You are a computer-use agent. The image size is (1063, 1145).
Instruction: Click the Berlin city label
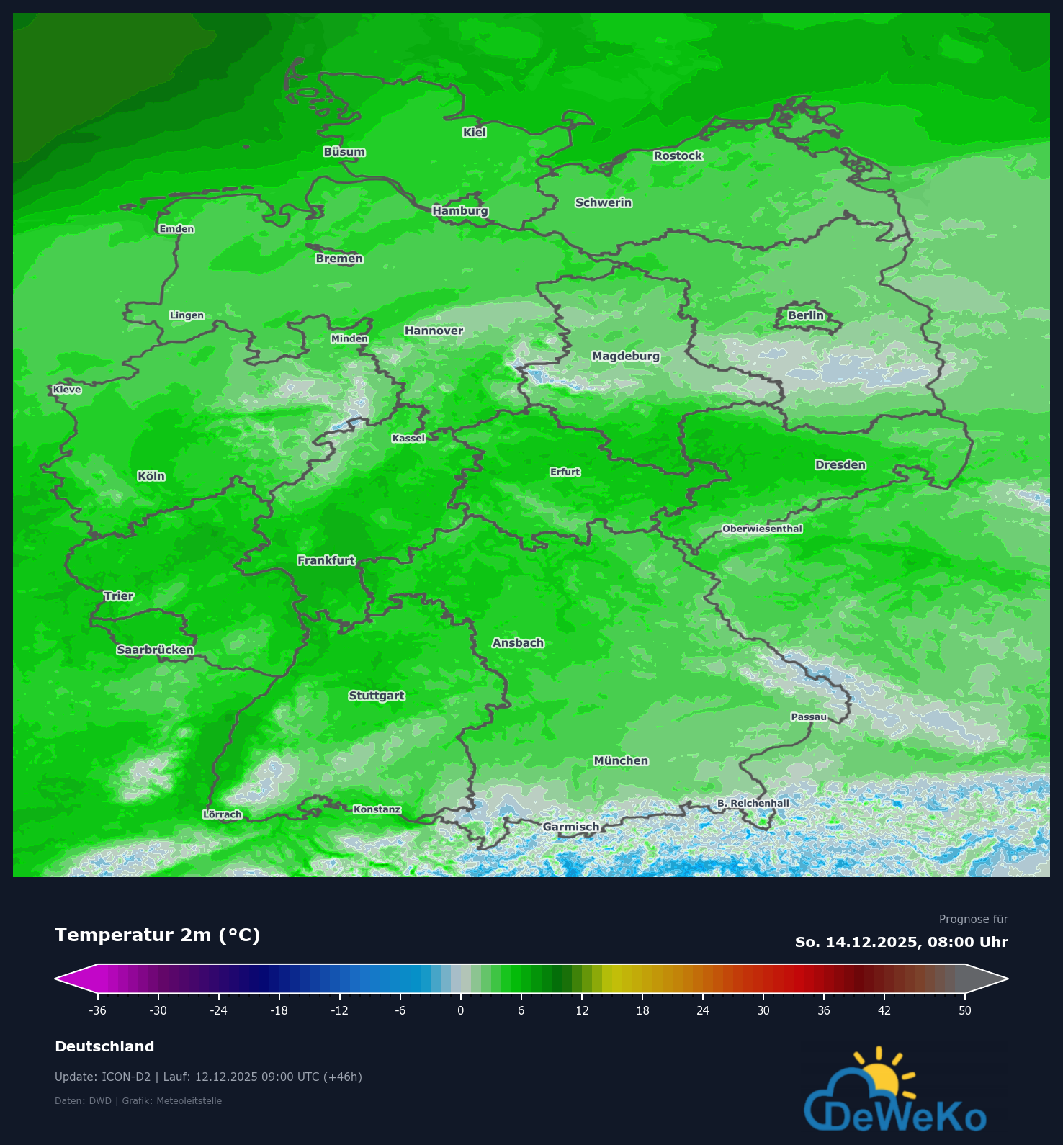806,315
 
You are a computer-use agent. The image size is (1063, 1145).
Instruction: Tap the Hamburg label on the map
460,210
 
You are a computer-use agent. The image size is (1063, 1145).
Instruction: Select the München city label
621,760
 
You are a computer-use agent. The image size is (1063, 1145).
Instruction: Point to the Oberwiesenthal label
762,529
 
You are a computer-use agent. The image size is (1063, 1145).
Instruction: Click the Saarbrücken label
156,650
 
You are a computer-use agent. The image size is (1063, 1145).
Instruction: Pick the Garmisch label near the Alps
571,827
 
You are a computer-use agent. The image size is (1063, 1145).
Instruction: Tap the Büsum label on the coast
344,152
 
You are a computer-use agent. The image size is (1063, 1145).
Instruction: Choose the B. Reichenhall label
753,803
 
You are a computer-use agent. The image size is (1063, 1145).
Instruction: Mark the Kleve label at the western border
67,390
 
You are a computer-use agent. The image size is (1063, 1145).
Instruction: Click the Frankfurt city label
326,560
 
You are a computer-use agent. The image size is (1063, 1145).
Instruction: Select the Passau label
809,717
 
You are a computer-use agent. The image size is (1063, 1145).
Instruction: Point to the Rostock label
678,156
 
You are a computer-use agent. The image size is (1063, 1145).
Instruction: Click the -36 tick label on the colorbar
98,1010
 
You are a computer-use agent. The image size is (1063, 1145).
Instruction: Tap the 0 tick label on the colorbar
461,1010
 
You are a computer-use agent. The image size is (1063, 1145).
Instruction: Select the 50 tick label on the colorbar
965,1010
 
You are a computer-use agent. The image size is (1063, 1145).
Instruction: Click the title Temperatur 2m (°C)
158,935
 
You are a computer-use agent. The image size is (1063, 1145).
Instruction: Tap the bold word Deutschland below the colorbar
104,1046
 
